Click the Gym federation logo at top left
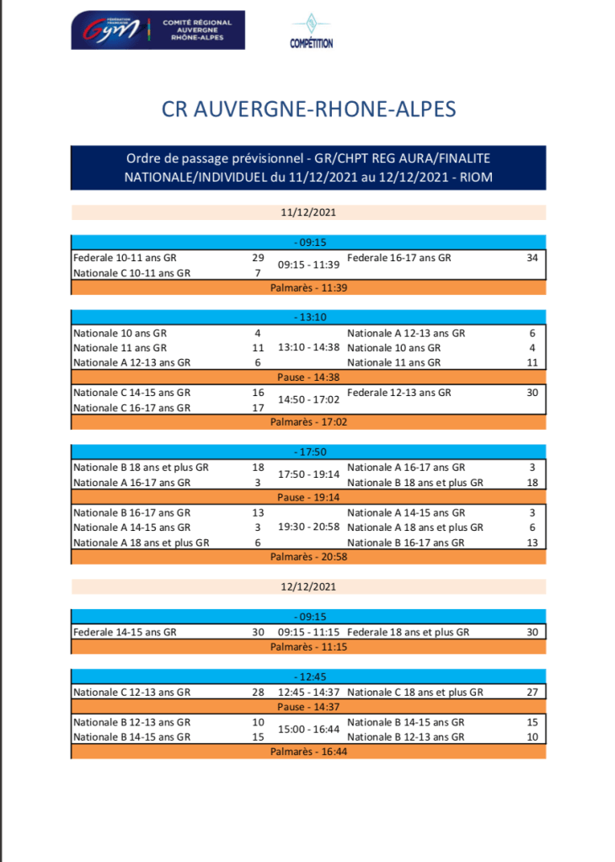click(157, 30)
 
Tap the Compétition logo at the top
click(311, 31)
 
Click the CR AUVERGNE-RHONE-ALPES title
click(308, 110)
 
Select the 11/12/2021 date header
click(308, 212)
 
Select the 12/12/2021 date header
click(308, 585)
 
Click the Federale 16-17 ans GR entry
click(398, 258)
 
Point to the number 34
click(532, 258)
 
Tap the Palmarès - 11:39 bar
click(308, 287)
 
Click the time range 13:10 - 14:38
click(308, 347)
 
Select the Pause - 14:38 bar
click(308, 377)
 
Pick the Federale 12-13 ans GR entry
click(398, 392)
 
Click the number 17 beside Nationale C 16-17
click(258, 408)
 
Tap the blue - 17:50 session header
click(308, 452)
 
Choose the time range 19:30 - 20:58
click(308, 527)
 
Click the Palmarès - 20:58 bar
click(308, 556)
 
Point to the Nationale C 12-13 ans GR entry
click(131, 692)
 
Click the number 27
click(532, 692)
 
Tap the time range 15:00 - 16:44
click(308, 729)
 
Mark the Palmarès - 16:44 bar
click(308, 751)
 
